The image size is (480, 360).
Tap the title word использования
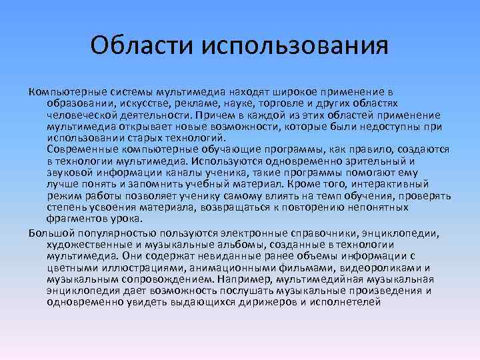coord(290,46)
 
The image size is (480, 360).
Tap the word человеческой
coord(80,114)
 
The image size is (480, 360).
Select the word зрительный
coord(372,161)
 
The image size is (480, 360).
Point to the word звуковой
coord(68,171)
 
